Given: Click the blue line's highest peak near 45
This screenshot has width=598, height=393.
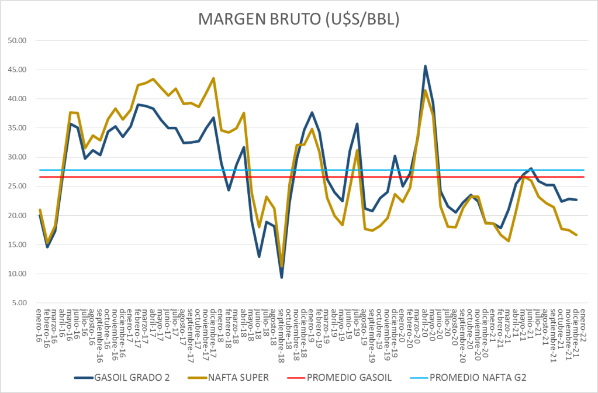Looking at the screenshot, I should coord(426,66).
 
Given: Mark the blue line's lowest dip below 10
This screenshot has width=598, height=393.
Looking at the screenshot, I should coord(282,277).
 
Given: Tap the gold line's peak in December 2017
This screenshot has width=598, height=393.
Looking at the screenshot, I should coord(213,78).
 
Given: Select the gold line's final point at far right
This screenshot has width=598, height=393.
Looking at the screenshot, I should coord(577,235).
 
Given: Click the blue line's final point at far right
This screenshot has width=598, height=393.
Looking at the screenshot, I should coord(577,200).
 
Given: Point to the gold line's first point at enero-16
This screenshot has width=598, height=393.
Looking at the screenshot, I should coord(40,209).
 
